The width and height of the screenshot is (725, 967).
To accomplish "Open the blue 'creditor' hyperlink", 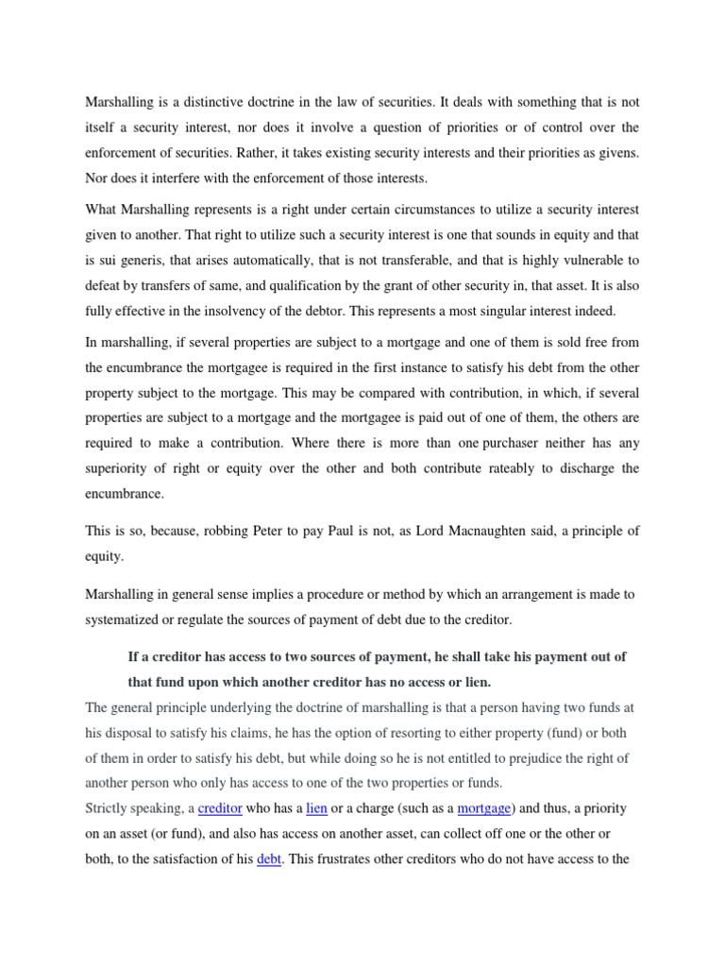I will (220, 808).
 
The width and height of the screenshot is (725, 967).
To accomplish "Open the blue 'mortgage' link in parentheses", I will (484, 808).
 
